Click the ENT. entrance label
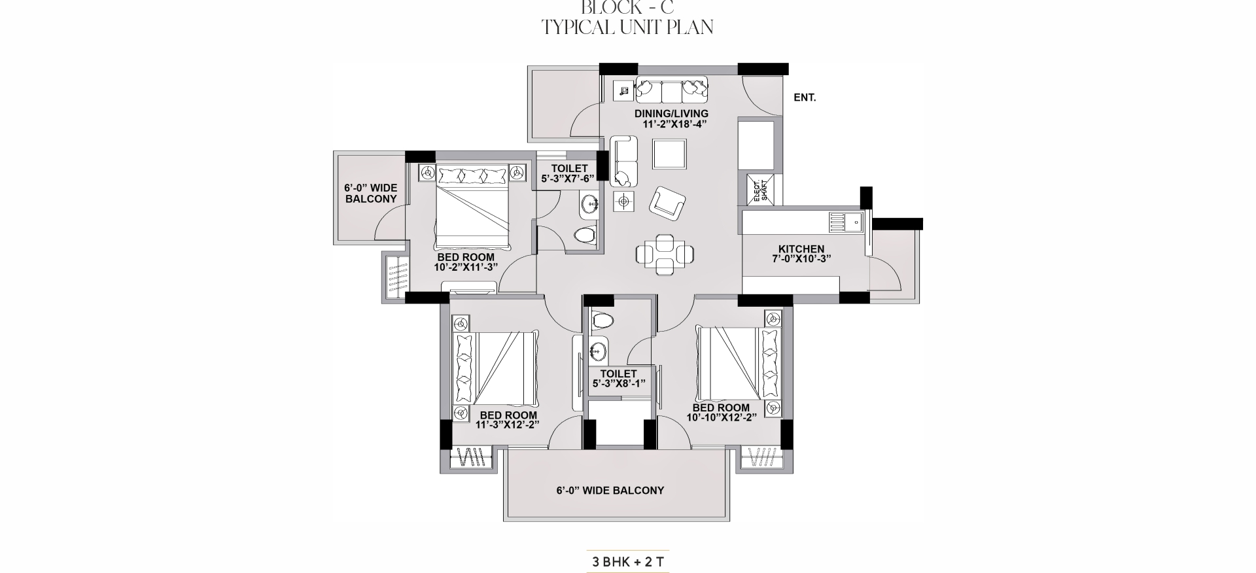click(x=805, y=97)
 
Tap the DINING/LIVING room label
click(x=671, y=114)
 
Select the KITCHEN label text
click(x=801, y=249)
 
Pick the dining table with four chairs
click(x=665, y=254)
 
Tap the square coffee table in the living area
click(x=670, y=154)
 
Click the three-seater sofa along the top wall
click(x=671, y=90)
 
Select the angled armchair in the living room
click(x=667, y=202)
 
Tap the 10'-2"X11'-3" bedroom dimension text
click(x=466, y=267)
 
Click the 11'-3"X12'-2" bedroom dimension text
click(x=507, y=425)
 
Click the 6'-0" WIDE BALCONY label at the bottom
click(x=610, y=491)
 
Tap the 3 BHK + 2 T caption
click(x=628, y=562)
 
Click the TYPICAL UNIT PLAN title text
click(x=628, y=27)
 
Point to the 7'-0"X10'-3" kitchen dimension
click(x=801, y=258)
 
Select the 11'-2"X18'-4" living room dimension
click(x=671, y=124)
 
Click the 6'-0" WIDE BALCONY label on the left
click(x=371, y=193)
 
